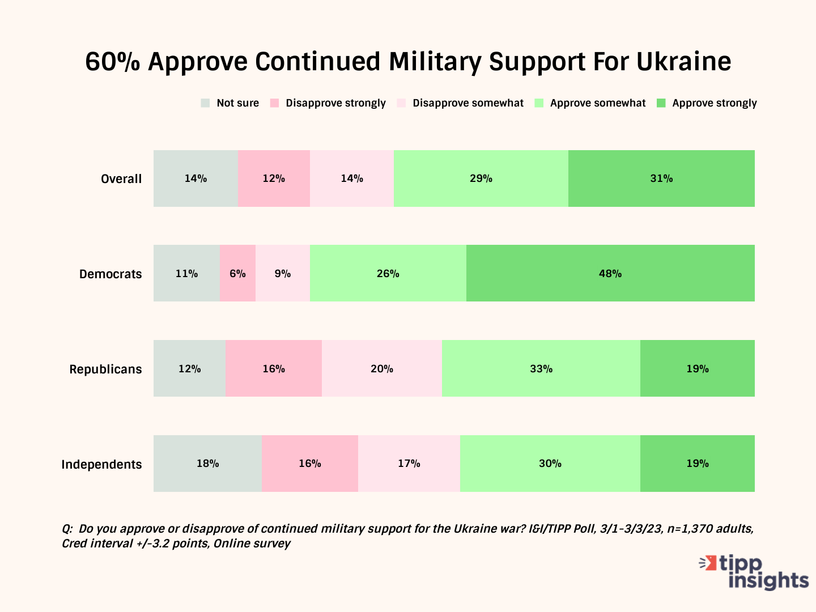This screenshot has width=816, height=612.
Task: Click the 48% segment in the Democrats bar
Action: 610,273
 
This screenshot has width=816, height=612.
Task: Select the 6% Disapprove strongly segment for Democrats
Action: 237,273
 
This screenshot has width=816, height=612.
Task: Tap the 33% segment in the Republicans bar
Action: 541,368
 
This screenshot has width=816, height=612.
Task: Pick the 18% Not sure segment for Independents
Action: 207,464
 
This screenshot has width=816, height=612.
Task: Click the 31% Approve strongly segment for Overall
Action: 661,178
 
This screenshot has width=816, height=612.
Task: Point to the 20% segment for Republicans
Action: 381,368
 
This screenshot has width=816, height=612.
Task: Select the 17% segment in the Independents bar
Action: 409,464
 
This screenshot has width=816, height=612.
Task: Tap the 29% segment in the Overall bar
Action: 481,178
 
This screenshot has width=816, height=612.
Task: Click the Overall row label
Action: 121,179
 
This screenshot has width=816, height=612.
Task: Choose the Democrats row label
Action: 110,274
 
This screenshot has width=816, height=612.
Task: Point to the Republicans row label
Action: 105,369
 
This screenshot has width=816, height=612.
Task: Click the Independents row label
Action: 101,465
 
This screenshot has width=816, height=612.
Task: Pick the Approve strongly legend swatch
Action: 661,103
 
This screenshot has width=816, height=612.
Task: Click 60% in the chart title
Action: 112,61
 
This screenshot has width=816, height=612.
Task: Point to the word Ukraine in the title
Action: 683,61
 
